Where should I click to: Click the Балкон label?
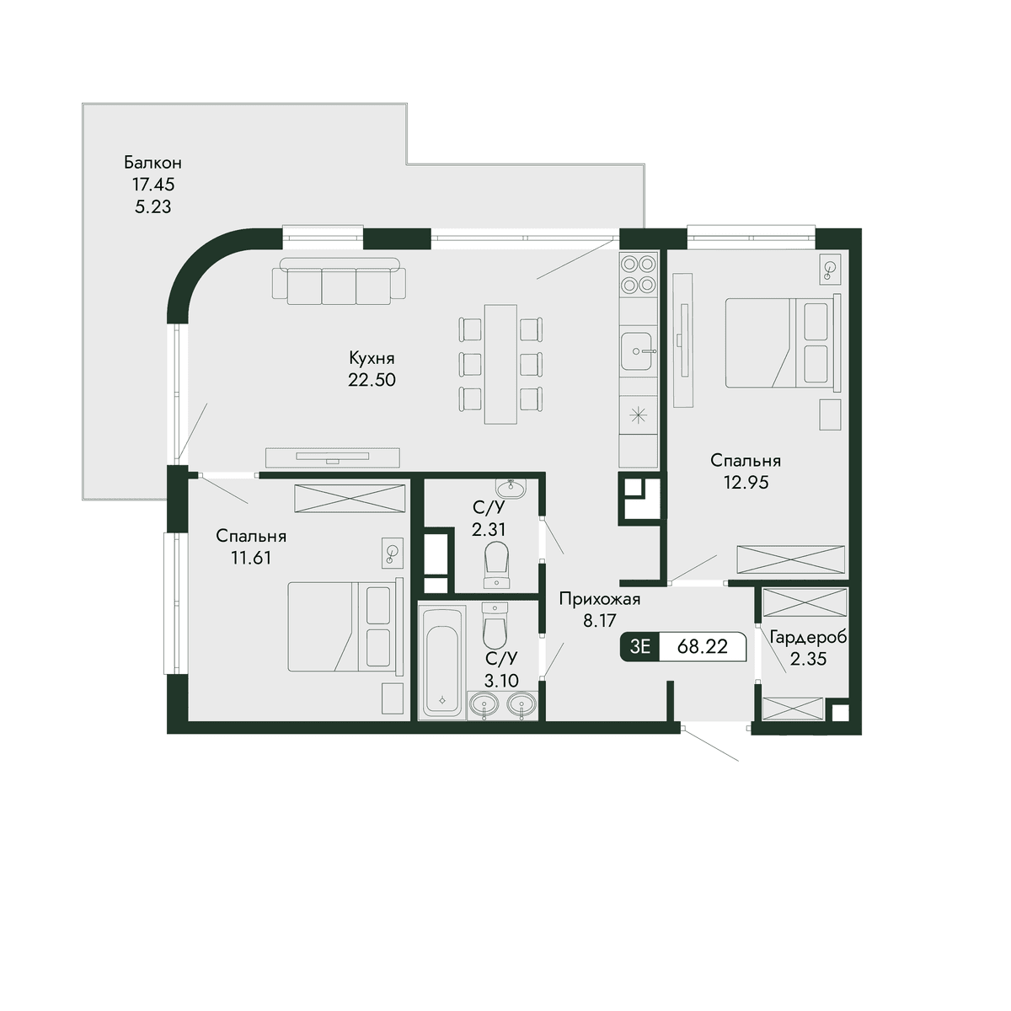152,163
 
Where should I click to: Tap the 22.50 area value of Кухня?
372,380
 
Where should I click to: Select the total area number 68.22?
703,646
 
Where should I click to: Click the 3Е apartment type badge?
640,646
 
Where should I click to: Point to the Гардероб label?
808,638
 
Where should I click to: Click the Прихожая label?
600,599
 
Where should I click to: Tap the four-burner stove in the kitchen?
638,273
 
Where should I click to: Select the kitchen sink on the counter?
638,350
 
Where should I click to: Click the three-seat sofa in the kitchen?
339,281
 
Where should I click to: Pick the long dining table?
500,364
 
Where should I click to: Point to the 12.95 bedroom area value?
746,482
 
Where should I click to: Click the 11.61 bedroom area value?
251,558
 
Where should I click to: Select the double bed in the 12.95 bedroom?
782,342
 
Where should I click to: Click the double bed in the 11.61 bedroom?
345,626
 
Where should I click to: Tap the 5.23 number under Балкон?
152,206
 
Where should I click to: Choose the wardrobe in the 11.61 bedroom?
350,499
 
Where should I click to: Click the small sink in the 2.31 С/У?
510,489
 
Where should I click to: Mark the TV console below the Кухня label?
333,457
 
